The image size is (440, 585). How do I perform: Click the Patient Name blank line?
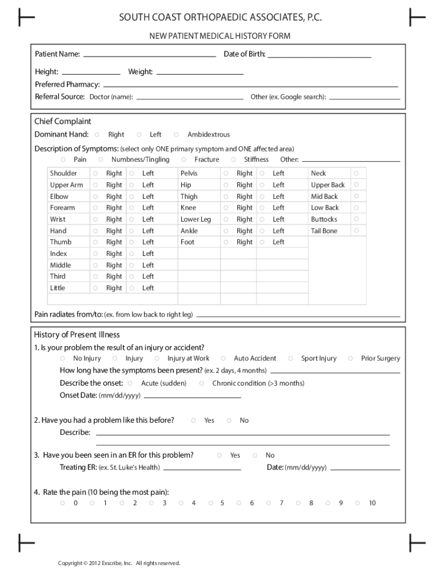150,56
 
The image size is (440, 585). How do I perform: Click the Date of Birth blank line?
319,56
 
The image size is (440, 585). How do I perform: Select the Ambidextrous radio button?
176,135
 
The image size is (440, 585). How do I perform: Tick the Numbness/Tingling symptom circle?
101,160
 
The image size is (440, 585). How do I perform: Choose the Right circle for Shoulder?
95,173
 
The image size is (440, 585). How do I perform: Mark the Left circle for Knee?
262,208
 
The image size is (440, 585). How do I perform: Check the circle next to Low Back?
356,208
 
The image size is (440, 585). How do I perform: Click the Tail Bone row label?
324,231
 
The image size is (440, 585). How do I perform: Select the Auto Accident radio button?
223,359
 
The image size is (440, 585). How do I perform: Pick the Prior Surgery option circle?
350,359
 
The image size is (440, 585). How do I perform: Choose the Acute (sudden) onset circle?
130,383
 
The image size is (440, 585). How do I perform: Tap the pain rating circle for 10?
358,503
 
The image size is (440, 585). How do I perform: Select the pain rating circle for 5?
210,503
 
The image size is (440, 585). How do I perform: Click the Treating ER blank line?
201,468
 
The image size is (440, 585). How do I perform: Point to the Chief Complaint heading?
63,122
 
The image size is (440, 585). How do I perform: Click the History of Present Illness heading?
77,335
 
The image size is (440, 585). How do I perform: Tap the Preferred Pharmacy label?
67,85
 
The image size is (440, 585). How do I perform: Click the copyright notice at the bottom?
119,563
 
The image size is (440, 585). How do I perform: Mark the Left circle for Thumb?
131,242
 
